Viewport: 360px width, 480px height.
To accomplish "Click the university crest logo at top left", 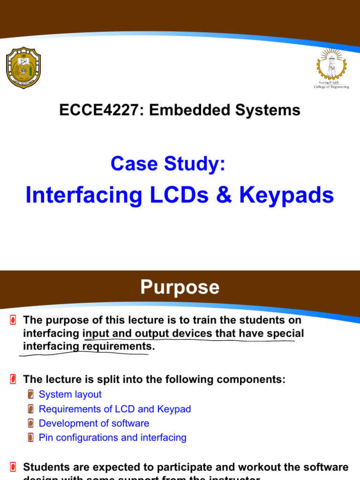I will coord(23,67).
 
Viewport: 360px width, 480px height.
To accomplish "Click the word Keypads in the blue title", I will coord(287,195).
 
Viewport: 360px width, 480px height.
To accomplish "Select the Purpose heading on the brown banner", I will coord(180,287).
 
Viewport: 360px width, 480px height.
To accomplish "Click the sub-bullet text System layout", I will coord(70,395).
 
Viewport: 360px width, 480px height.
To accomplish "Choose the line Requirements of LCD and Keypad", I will coord(115,409).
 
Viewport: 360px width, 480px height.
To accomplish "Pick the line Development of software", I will coord(94,423).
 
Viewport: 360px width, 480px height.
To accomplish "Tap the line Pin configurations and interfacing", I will coord(112,437).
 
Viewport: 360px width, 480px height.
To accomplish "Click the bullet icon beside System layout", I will coord(30,395).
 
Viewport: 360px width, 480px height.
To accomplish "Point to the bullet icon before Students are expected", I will coord(13,467).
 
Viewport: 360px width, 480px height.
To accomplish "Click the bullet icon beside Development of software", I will coord(30,423).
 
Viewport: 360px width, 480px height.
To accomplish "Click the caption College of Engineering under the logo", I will coord(331,87).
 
